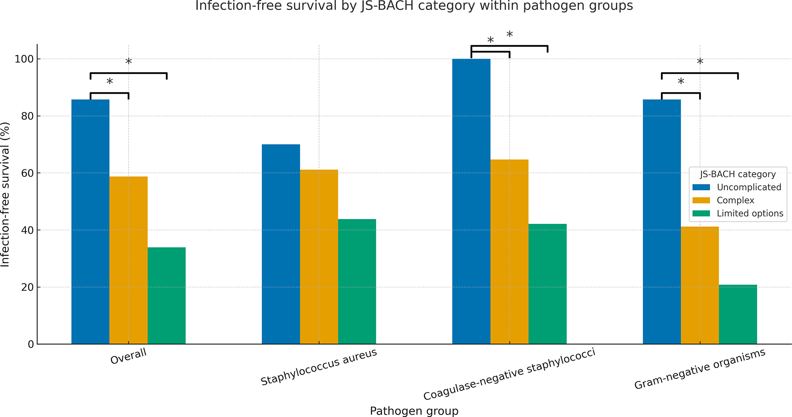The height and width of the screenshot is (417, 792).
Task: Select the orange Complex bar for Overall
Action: click(128, 260)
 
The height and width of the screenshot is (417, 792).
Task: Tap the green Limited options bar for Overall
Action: click(167, 296)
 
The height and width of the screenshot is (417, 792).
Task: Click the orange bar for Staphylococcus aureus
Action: click(319, 257)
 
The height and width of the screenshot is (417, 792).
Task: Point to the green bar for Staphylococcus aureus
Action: click(357, 281)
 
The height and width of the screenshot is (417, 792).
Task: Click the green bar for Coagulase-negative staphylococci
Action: click(548, 284)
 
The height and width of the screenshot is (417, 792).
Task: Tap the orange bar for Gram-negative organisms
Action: click(700, 285)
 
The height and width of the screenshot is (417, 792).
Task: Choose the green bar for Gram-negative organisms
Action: click(738, 314)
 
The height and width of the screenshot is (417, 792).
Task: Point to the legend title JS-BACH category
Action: click(738, 174)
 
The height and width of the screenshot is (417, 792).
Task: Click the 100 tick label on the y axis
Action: click(24, 59)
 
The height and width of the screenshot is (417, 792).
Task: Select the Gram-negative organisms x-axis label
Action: click(700, 369)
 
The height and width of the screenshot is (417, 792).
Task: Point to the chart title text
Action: click(414, 6)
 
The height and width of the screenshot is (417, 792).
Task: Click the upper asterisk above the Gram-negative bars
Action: click(700, 62)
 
